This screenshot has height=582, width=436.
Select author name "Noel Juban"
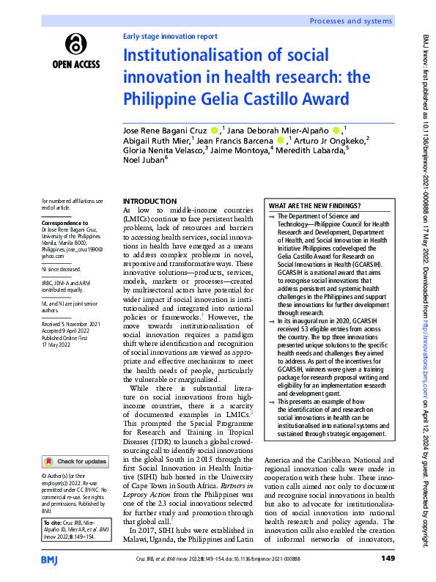pos(144,160)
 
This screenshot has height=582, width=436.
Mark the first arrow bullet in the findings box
pos(273,218)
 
